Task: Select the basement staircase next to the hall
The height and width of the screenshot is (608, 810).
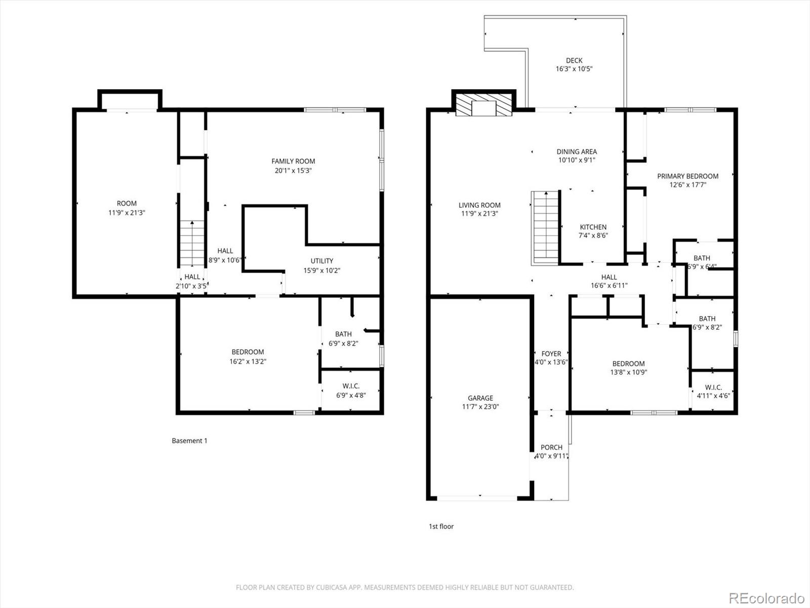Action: point(192,243)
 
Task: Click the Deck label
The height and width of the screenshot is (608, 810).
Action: point(574,60)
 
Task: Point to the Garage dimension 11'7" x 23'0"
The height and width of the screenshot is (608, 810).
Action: point(480,406)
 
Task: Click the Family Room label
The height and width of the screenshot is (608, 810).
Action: point(293,161)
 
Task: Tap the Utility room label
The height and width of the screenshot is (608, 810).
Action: point(322,261)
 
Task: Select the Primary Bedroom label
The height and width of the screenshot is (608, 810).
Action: point(687,176)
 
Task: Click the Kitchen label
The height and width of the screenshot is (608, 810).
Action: point(593,227)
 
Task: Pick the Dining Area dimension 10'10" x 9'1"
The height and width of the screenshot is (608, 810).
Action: point(577,160)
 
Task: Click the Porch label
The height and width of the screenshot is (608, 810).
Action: point(551,447)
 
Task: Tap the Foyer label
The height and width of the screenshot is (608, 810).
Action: point(551,354)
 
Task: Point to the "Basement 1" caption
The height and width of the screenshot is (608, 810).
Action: point(189,441)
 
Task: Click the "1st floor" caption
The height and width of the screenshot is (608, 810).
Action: point(441,526)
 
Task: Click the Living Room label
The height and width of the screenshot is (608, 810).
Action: point(479,205)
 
